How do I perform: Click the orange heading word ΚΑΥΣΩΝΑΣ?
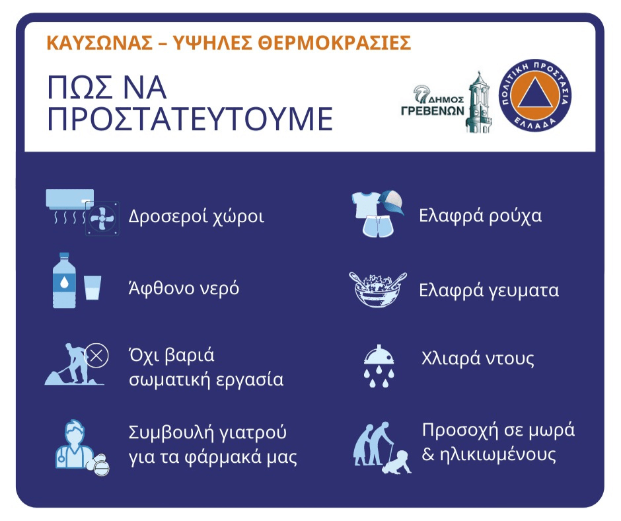(99, 43)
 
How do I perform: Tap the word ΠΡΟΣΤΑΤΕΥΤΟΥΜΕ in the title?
(190, 118)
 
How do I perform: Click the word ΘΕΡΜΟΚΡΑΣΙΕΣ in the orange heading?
(335, 43)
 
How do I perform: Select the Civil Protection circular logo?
(534, 96)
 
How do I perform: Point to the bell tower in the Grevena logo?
(479, 103)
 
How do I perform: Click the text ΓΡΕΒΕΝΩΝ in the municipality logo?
(433, 110)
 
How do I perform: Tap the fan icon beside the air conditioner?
(102, 219)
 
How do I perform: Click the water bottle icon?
(64, 280)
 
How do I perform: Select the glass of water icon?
(92, 288)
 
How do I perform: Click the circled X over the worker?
(96, 355)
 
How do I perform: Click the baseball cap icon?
(392, 202)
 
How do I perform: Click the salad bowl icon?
(378, 290)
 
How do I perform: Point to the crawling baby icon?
(397, 462)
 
